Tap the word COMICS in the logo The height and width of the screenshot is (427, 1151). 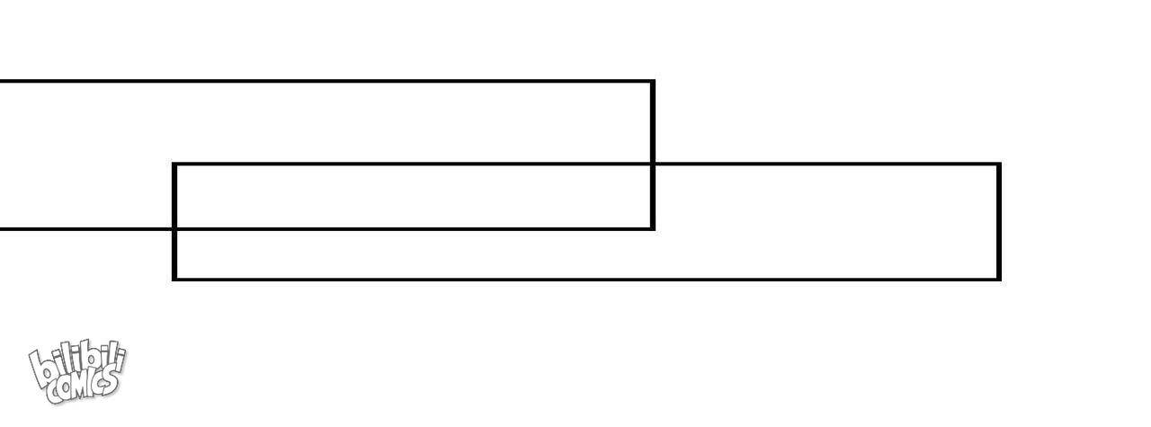coord(84,386)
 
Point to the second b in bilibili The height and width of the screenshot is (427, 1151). coord(85,359)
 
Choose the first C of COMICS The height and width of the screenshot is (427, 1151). coord(53,394)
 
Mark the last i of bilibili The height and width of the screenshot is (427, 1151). coord(120,356)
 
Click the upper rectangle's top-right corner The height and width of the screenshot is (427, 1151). coord(653,81)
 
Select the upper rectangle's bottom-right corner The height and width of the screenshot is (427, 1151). coord(653,228)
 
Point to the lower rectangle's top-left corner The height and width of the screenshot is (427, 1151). coord(174,165)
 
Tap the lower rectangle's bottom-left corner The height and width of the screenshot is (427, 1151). coord(174,280)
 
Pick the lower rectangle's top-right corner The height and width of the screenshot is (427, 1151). coord(999,165)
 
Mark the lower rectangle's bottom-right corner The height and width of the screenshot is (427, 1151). coord(999,280)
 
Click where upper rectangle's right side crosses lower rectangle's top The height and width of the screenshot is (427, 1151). coord(653,165)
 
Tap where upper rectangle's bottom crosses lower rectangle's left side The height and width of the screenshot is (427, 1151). coord(174,228)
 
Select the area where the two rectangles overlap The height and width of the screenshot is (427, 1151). coord(414,197)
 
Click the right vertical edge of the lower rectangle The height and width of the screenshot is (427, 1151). coord(999,222)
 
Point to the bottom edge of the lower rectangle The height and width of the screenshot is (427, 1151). coord(587,280)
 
